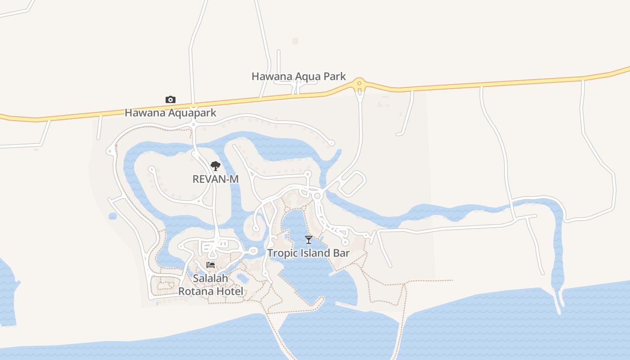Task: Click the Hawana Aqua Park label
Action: pyautogui.click(x=298, y=76)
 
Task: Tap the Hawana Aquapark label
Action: pyautogui.click(x=171, y=113)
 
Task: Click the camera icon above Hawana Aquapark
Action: pyautogui.click(x=171, y=99)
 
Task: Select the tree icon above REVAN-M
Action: pyautogui.click(x=216, y=166)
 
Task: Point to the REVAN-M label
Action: pyautogui.click(x=216, y=179)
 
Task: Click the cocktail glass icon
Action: pyautogui.click(x=308, y=239)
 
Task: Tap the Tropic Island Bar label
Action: pyautogui.click(x=308, y=253)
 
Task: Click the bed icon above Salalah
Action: pyautogui.click(x=211, y=265)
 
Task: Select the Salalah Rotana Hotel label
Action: pyautogui.click(x=211, y=285)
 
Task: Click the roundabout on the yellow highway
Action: pyautogui.click(x=359, y=83)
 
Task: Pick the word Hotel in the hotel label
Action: pyautogui.click(x=230, y=291)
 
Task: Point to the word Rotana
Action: pyautogui.click(x=196, y=291)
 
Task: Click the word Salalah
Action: pyautogui.click(x=211, y=279)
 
